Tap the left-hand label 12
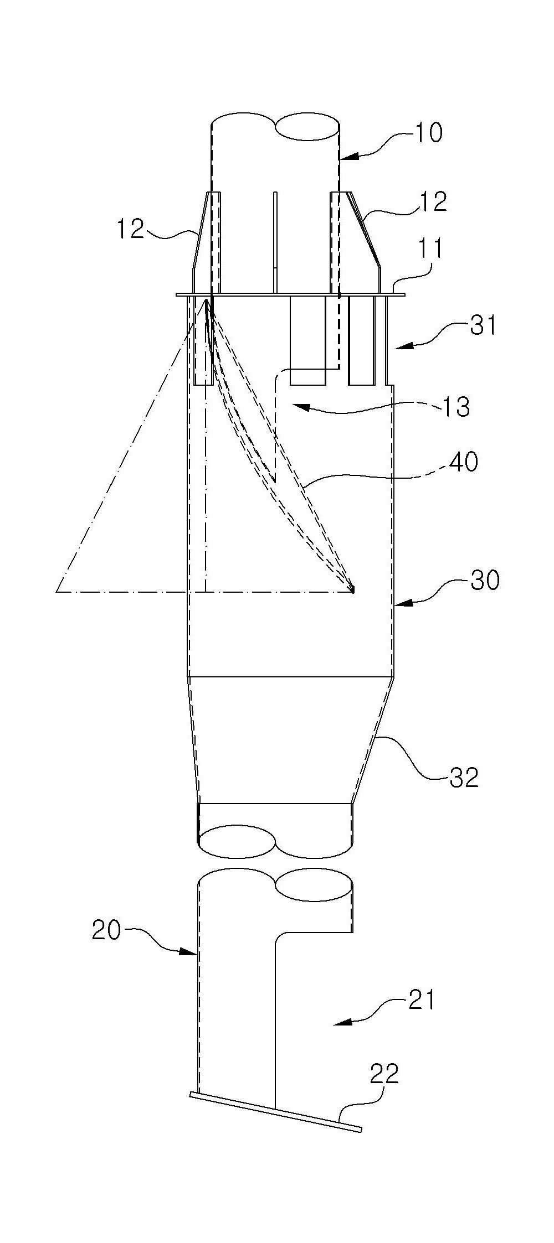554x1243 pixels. coord(130,229)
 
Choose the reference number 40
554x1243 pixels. coord(463,462)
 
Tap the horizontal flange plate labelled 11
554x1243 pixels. coord(290,295)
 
